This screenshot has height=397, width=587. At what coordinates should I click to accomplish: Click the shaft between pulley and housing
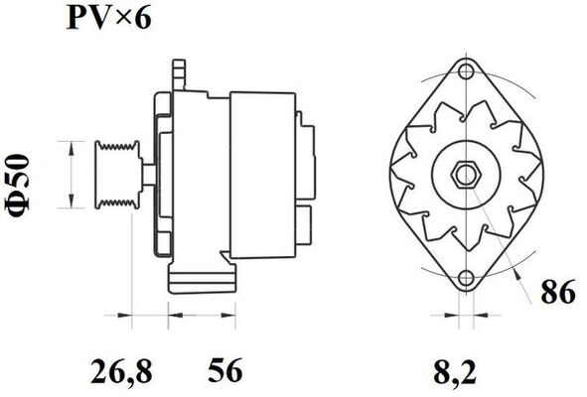click(144, 175)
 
